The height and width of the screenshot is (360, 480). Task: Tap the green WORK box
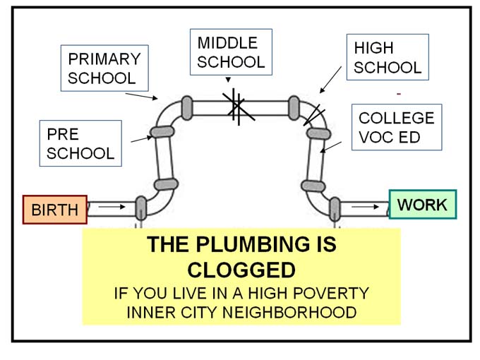pos(422,205)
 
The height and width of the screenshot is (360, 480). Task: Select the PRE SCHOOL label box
pos(80,143)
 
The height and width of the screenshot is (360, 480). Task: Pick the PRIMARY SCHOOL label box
pos(104,68)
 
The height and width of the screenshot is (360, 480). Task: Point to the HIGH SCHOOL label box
pos(388,58)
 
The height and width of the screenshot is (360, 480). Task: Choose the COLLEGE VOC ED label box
pos(396,127)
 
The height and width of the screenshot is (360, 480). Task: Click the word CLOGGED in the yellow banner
pos(241,270)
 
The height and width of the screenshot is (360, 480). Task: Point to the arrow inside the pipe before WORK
pos(364,207)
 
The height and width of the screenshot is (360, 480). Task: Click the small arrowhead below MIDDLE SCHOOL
pos(228,79)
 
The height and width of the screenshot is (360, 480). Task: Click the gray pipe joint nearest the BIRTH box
pos(140,208)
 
